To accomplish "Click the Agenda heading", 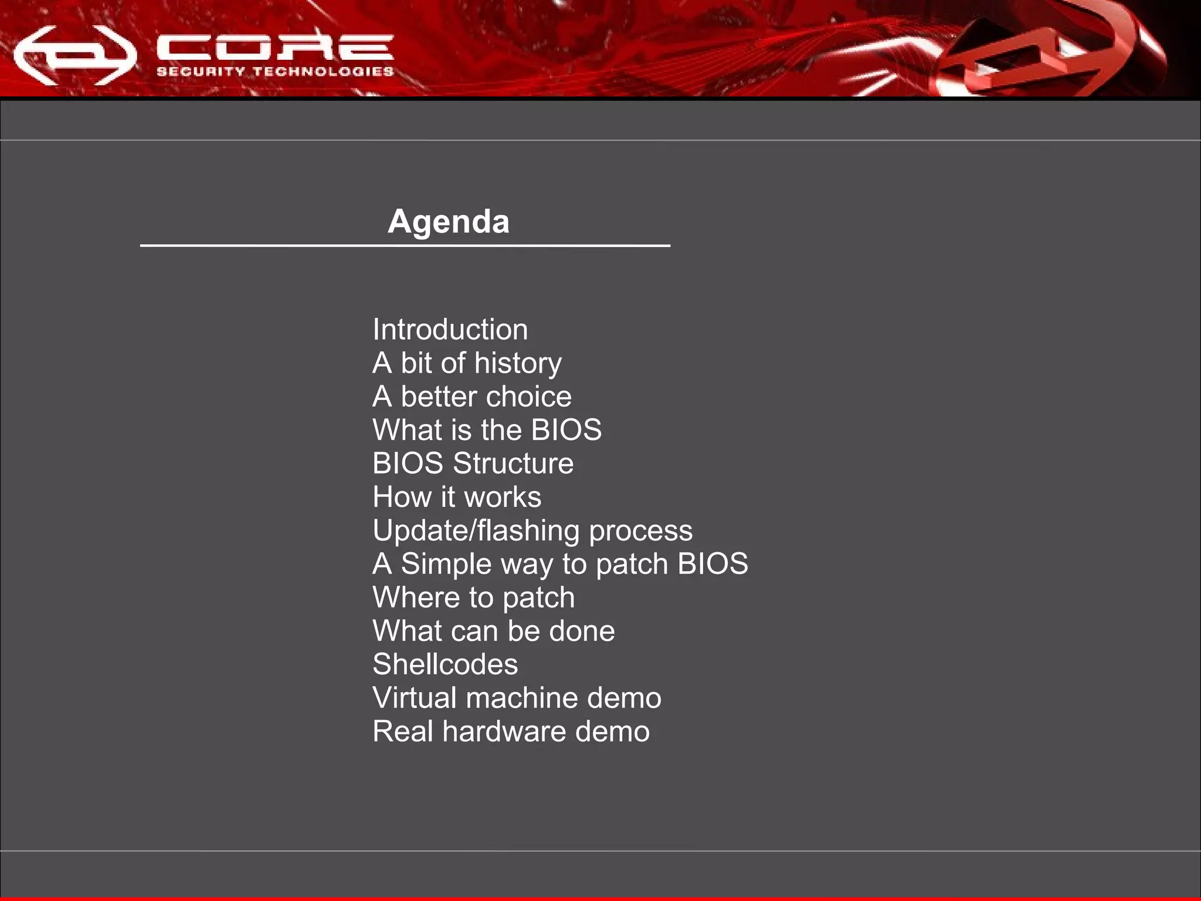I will [x=449, y=222].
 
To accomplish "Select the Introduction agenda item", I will [x=450, y=330].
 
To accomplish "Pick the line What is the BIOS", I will [x=487, y=430].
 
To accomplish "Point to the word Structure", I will [x=513, y=463].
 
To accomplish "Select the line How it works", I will [x=457, y=497].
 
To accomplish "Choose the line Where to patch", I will [x=473, y=598].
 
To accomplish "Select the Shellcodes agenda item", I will [x=445, y=665].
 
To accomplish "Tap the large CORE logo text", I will [x=275, y=47].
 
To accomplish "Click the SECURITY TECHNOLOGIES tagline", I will [x=275, y=72].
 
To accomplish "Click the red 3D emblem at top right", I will [x=1044, y=56].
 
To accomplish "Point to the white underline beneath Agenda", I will [x=405, y=245].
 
